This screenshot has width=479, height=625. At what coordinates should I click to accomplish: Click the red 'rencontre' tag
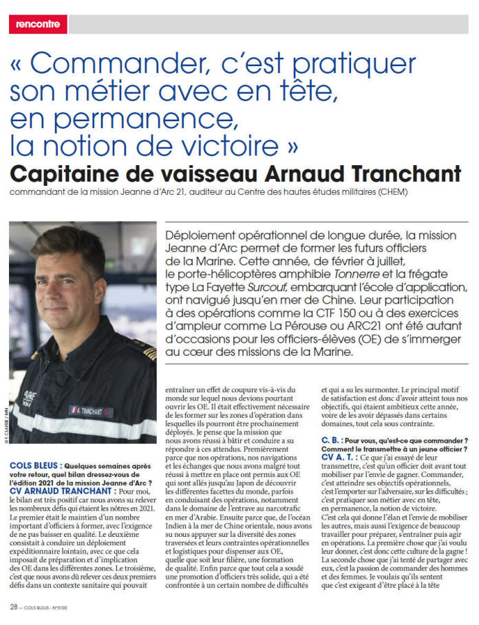coord(38,25)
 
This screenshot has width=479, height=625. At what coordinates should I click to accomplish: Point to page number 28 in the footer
coord(13,606)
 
